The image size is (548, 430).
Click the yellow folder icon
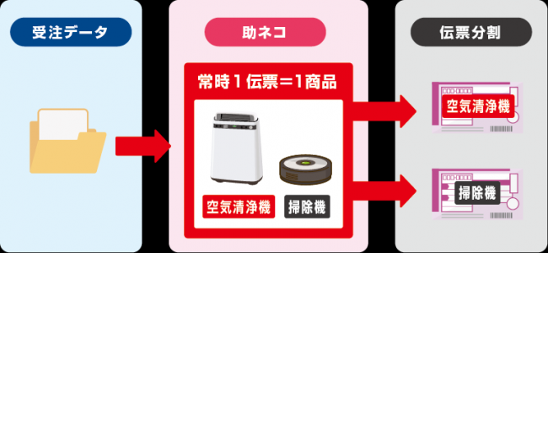coord(67,143)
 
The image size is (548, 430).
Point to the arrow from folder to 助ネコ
coord(142,146)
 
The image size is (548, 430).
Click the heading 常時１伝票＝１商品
coord(267,83)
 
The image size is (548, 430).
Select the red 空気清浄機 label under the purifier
coord(239,206)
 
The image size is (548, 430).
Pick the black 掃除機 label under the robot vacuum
coord(307,206)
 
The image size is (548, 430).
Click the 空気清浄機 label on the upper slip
coord(476,106)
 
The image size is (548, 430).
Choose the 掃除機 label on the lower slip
coord(477,193)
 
